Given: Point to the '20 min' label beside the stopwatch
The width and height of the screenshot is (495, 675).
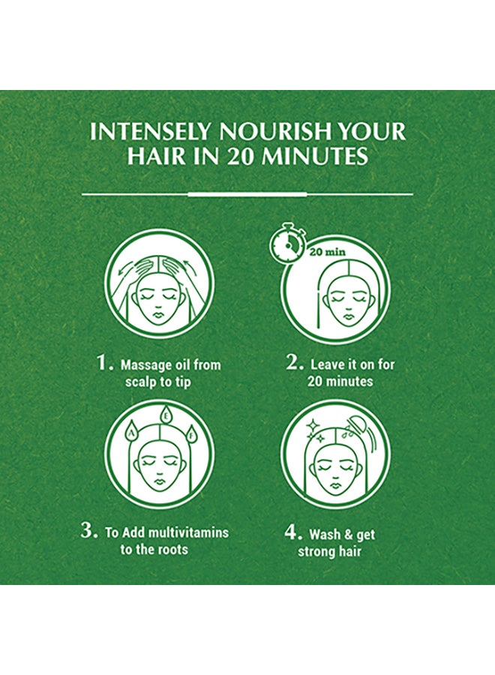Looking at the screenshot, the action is click(x=328, y=252).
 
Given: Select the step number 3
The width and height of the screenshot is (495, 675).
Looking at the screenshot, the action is click(x=89, y=530).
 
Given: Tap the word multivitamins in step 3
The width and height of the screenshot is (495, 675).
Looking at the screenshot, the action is click(x=188, y=532).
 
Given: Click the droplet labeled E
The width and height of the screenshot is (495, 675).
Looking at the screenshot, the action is click(x=165, y=416).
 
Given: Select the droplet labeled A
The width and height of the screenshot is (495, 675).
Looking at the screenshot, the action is click(x=131, y=436).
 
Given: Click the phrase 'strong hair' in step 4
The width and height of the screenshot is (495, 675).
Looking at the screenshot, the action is click(x=329, y=551).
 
